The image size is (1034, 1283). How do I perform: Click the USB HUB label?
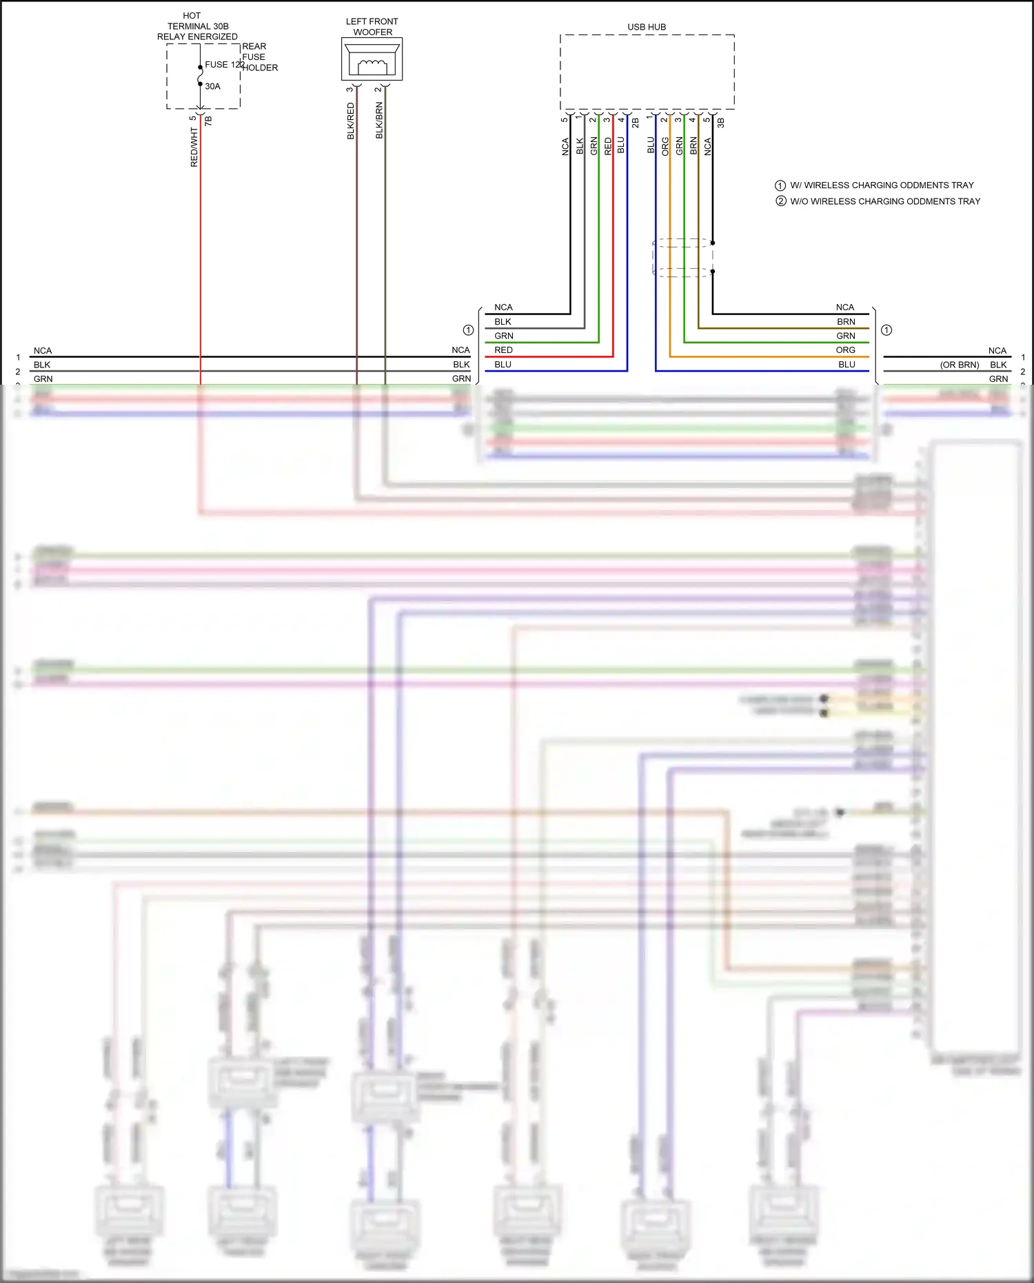647,27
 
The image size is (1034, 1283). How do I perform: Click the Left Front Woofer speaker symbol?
372,59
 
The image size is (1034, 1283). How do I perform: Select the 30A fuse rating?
212,86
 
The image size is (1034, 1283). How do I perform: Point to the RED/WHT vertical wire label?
194,147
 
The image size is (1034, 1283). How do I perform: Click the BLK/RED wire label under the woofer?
350,121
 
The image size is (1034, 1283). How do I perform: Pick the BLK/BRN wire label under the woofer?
379,121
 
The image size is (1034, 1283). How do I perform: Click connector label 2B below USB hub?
635,123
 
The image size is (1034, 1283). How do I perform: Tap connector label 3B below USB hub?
720,123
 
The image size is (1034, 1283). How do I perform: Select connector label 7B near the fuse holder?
208,121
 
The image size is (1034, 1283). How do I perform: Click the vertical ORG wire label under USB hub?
665,146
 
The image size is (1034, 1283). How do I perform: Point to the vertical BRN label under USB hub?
693,145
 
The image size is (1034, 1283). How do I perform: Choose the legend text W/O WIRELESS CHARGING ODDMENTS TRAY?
885,201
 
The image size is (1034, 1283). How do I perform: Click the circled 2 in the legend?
780,201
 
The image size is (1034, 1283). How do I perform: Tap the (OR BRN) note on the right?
959,365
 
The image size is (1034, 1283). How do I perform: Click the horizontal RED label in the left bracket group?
503,350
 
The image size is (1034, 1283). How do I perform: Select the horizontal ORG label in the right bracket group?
845,350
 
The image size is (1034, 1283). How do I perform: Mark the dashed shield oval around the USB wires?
682,258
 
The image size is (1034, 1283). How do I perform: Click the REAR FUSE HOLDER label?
259,57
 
